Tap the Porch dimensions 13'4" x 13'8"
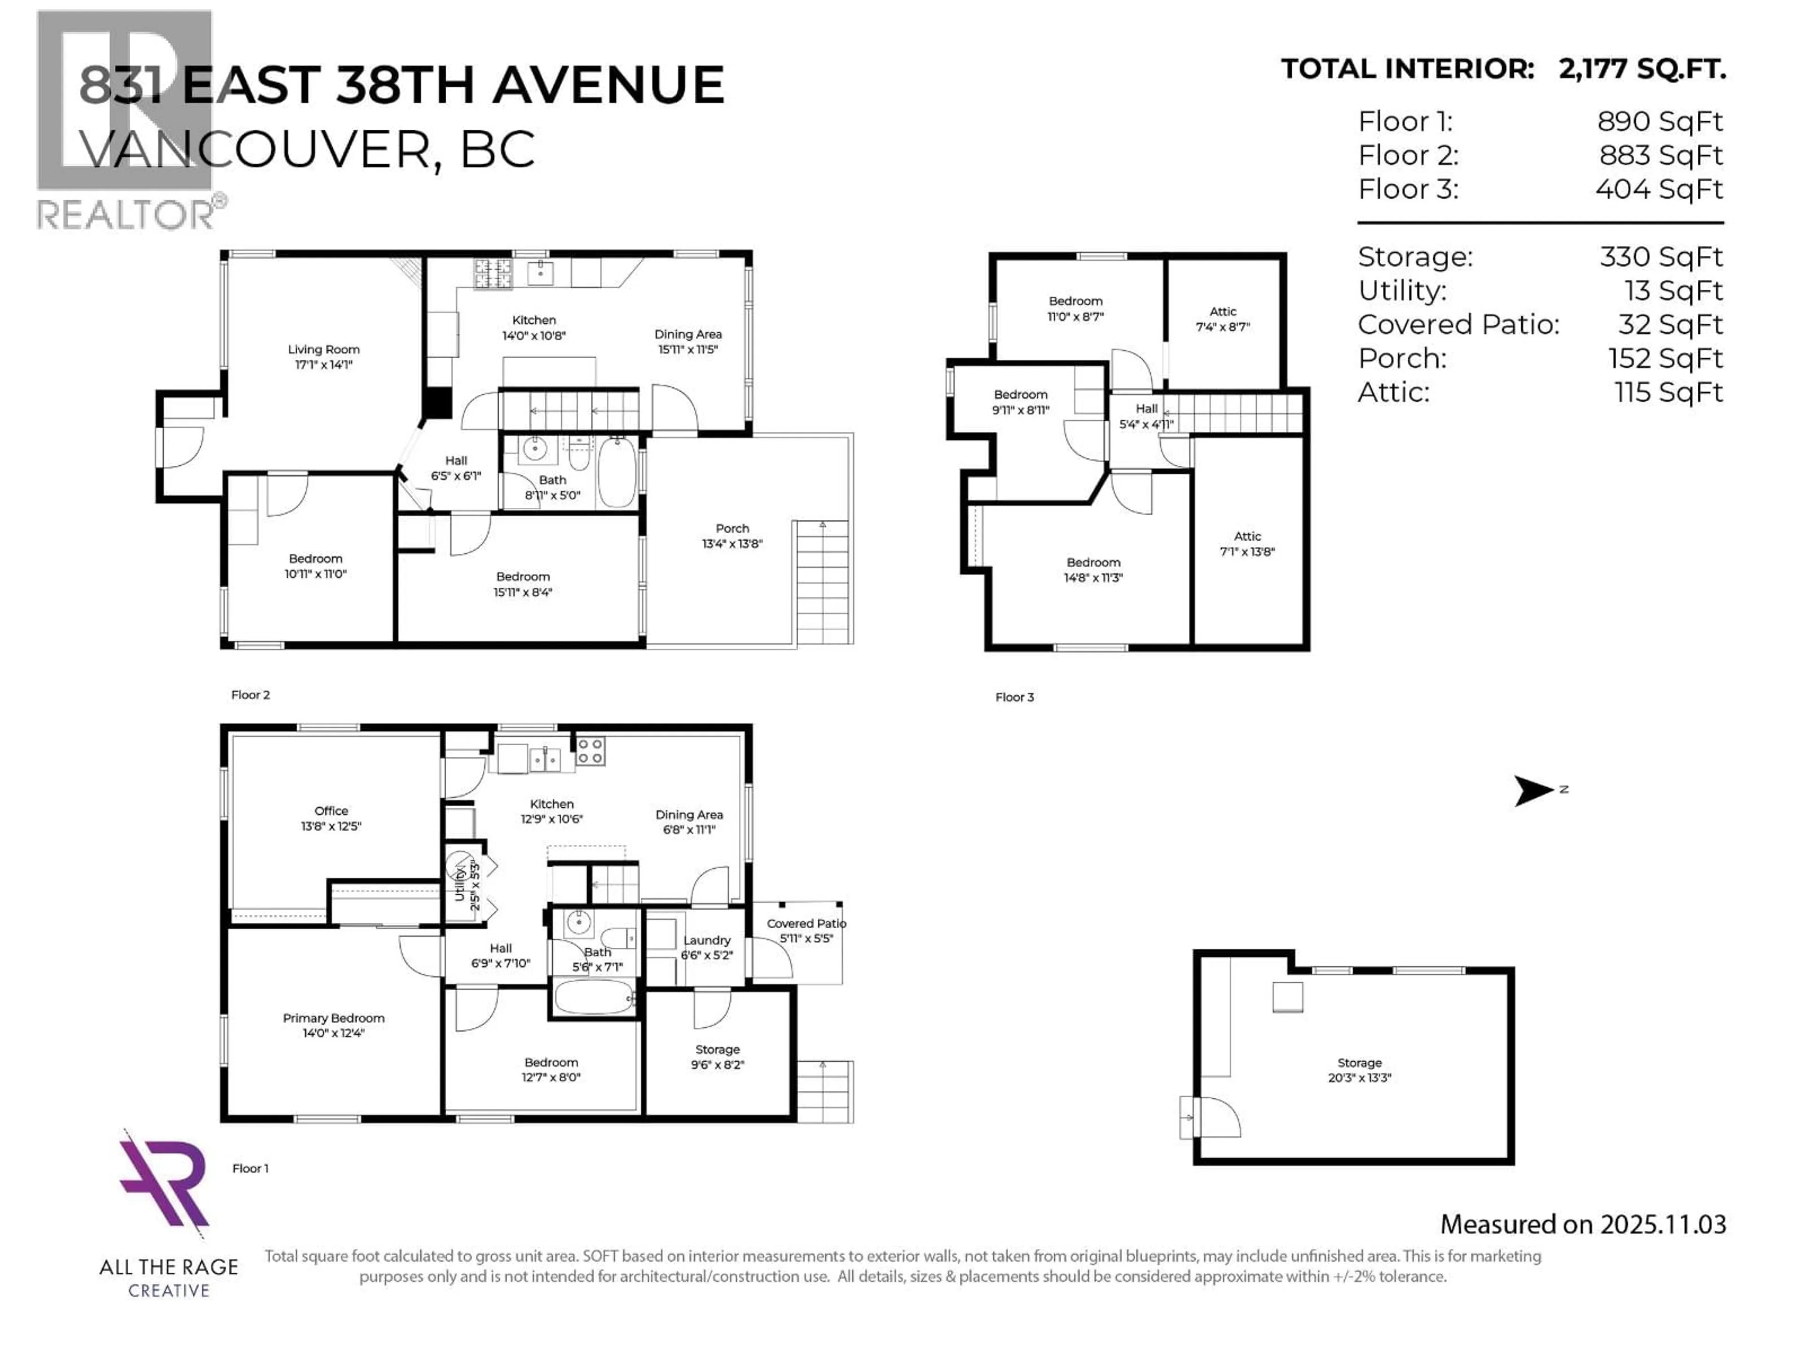point(732,543)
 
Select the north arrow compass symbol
point(1534,790)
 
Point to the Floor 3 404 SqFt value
point(1658,189)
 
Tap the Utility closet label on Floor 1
point(459,884)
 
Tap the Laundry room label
point(706,940)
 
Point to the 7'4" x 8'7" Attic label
point(1223,319)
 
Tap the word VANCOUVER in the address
point(255,150)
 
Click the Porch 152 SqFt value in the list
point(1664,358)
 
